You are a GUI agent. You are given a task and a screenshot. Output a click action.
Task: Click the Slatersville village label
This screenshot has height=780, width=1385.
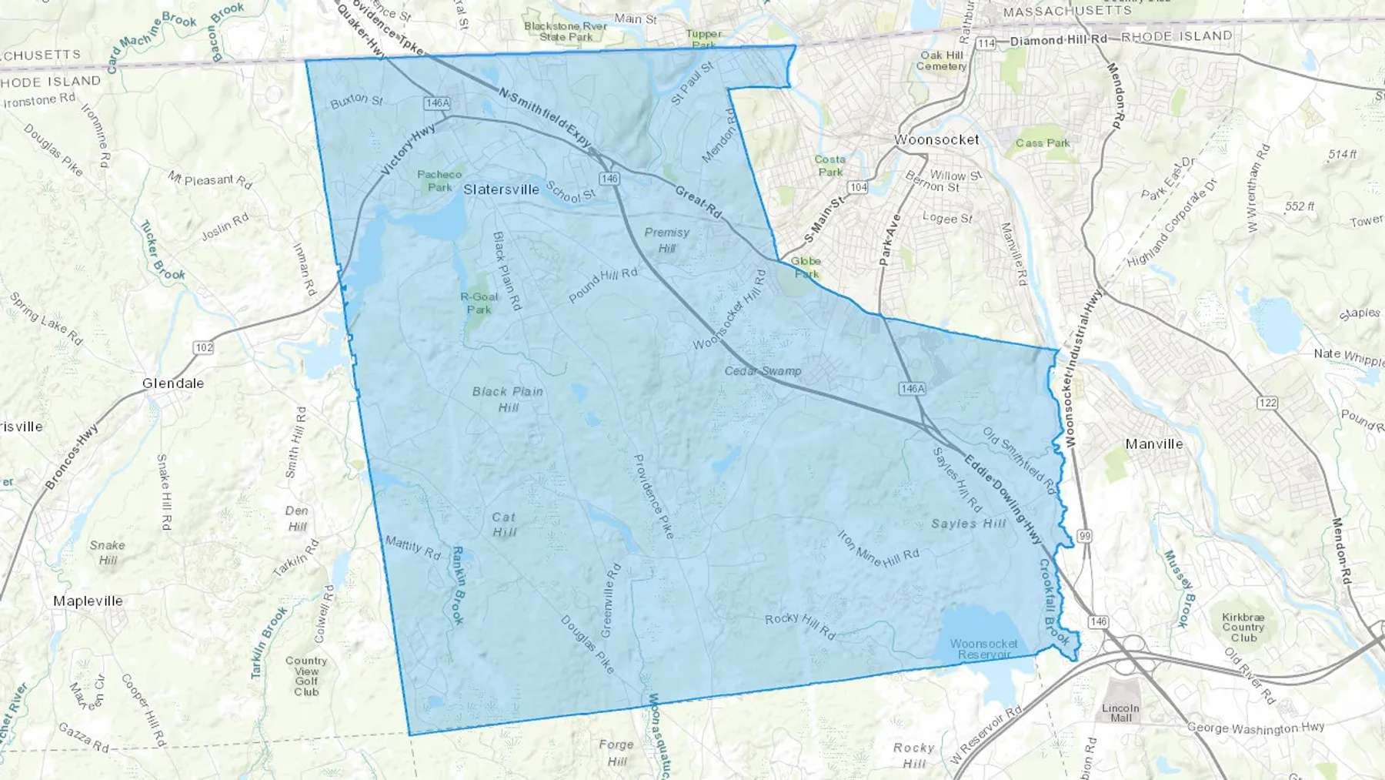tap(501, 189)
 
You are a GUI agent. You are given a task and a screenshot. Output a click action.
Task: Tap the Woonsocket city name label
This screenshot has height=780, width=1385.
tap(936, 140)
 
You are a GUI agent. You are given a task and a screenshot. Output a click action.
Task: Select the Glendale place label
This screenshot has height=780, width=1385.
tap(173, 383)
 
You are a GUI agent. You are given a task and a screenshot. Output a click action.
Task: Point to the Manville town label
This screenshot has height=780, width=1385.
tap(1154, 444)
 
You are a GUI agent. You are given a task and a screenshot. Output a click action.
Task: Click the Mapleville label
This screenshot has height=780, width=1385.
tap(88, 601)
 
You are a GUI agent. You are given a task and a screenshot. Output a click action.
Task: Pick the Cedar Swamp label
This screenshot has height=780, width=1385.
tap(763, 371)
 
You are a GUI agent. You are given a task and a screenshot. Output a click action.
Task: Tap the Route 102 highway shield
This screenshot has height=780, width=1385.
tap(203, 347)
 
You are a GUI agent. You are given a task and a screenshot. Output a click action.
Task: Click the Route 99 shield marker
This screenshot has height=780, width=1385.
tap(1085, 536)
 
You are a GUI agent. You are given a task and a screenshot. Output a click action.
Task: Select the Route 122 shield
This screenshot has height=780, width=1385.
tap(1267, 403)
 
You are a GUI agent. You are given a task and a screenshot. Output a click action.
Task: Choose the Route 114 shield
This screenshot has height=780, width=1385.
tap(986, 43)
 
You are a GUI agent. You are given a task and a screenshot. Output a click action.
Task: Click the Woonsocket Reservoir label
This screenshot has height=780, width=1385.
tap(983, 649)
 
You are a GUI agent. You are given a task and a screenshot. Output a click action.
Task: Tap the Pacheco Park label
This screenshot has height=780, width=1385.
tap(439, 181)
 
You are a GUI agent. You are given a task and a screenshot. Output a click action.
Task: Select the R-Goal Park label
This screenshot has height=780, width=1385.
tap(479, 303)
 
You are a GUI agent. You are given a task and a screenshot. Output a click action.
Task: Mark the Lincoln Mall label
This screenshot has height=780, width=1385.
tap(1120, 713)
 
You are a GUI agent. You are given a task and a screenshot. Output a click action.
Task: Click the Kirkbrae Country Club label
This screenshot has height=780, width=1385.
tap(1243, 628)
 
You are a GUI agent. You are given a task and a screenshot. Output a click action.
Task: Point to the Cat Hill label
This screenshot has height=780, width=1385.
tap(504, 524)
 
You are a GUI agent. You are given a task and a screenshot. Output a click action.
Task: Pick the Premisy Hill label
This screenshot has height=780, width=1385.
tap(667, 239)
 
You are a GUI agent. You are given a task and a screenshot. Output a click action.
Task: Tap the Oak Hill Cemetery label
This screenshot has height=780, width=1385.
tap(941, 61)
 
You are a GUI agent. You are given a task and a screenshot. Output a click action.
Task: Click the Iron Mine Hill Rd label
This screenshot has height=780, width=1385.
tap(878, 548)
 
